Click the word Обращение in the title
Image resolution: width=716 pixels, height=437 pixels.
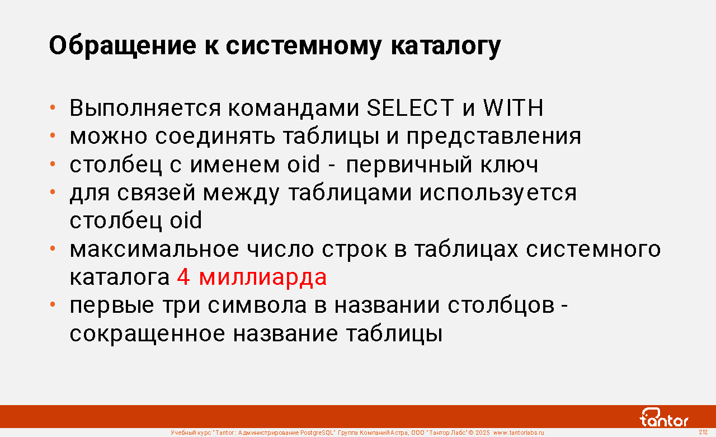pyautogui.click(x=123, y=46)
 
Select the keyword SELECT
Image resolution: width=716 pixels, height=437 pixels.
pyautogui.click(x=410, y=108)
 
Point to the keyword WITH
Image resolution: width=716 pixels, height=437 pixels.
pyautogui.click(x=513, y=108)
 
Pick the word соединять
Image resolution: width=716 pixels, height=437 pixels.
pyautogui.click(x=215, y=137)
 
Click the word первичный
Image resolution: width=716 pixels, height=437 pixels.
pyautogui.click(x=409, y=165)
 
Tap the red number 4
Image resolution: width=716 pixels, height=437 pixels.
pyautogui.click(x=183, y=276)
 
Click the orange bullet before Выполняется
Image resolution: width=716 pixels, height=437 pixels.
pyautogui.click(x=53, y=107)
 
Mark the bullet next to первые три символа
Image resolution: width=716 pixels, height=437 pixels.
pyautogui.click(x=53, y=304)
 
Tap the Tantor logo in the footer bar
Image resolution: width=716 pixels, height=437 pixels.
pyautogui.click(x=663, y=417)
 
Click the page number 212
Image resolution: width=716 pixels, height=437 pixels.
pyautogui.click(x=703, y=432)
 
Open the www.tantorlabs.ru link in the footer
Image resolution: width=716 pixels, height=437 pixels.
pyautogui.click(x=519, y=433)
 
